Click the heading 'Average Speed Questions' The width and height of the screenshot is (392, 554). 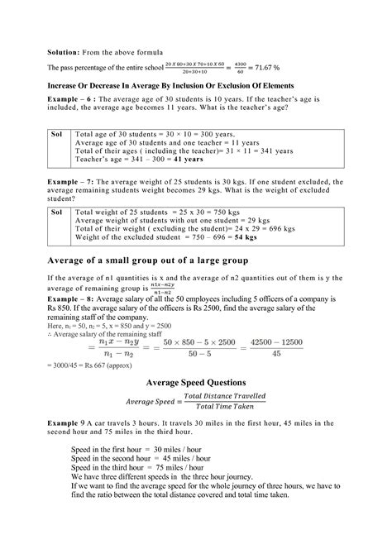tap(195, 383)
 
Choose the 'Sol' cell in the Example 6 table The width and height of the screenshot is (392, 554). tap(57, 133)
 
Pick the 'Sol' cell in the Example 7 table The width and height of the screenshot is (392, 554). tap(57, 213)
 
